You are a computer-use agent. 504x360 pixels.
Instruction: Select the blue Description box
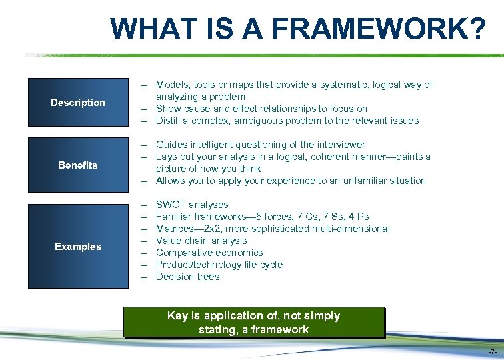coord(78,102)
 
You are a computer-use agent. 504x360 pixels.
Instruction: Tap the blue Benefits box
coord(78,165)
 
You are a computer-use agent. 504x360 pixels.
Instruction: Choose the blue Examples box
coord(78,246)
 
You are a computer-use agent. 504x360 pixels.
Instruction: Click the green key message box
coord(253,323)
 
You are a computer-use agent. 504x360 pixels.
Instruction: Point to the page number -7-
coord(491,351)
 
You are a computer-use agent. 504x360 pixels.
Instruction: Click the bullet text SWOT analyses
coord(192,205)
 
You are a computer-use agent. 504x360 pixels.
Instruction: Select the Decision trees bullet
coord(187,277)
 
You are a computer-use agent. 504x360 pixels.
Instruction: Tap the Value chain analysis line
coord(201,241)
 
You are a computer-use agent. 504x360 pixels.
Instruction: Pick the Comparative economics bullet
coord(209,253)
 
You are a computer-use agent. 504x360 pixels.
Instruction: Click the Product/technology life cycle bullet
coord(219,265)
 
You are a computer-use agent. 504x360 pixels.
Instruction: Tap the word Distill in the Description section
coord(167,121)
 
